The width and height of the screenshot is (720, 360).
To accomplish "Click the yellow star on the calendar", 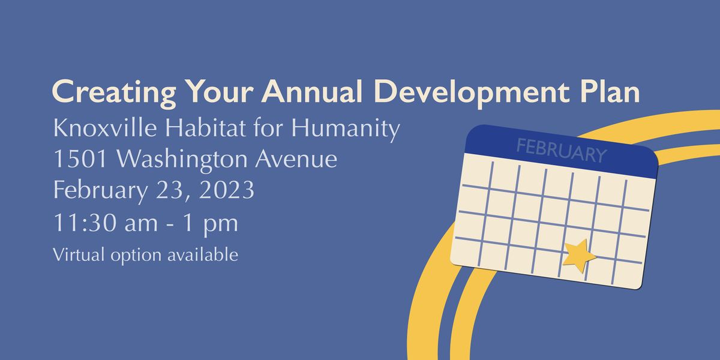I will (x=579, y=254).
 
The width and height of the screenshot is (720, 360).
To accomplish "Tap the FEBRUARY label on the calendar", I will (x=561, y=151).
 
